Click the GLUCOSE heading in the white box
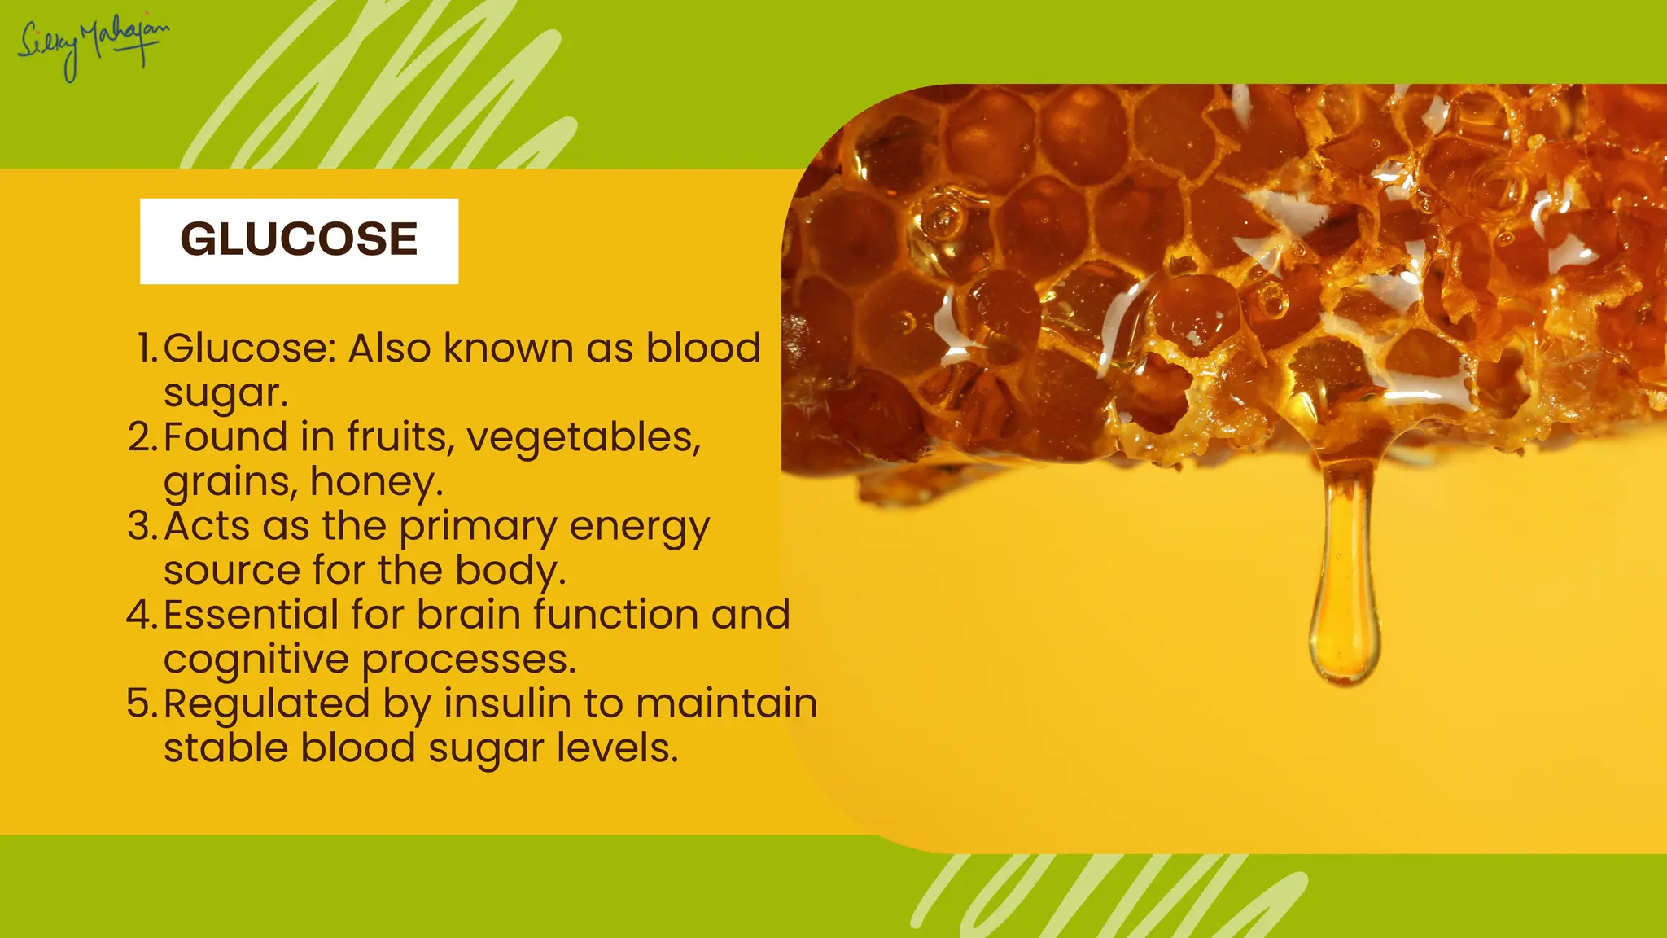[x=299, y=239]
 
